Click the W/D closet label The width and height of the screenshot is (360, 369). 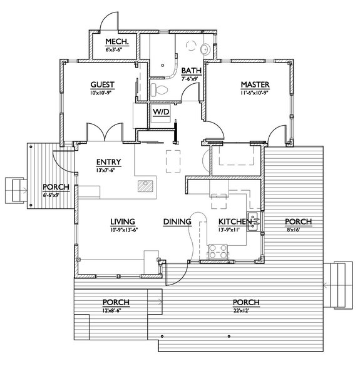click(x=161, y=111)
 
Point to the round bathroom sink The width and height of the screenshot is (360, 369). click(x=207, y=48)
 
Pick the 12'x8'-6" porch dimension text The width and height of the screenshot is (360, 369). click(x=116, y=310)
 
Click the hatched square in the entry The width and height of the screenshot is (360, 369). click(x=145, y=186)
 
